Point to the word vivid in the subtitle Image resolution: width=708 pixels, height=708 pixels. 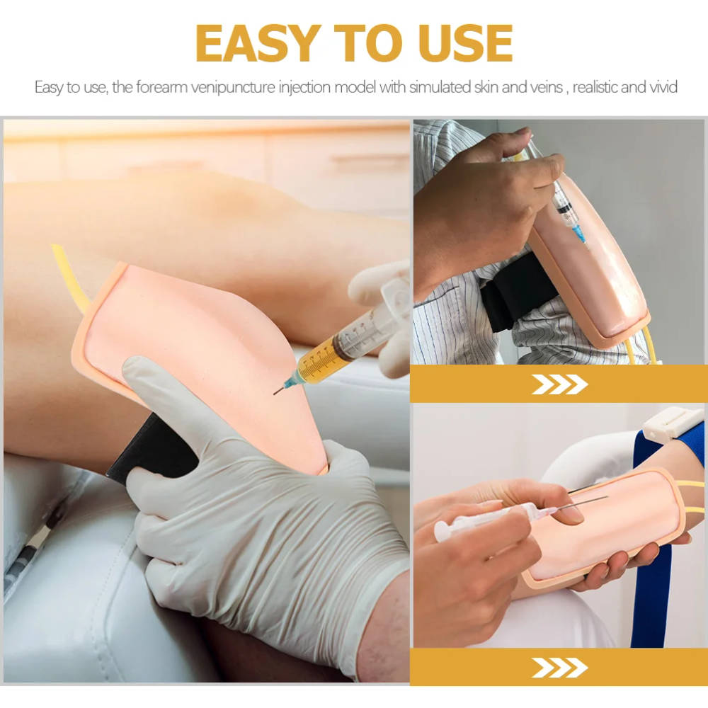(663, 86)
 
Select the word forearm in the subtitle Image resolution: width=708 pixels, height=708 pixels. (161, 86)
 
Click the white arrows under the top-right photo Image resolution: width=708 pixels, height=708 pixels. (559, 384)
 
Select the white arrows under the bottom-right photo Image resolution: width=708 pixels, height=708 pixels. (559, 668)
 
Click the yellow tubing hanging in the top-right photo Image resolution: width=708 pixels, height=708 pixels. (641, 343)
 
